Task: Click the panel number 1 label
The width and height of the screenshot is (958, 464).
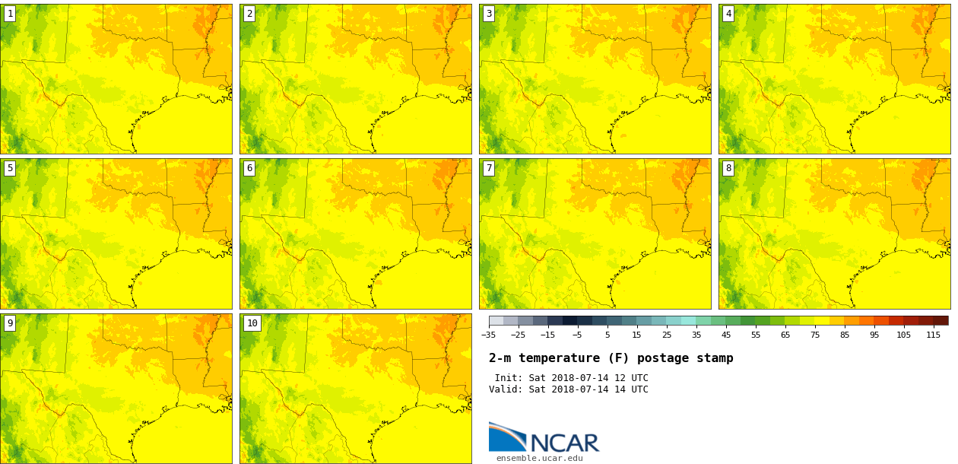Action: pos(10,14)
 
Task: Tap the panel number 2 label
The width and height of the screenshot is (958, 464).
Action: pos(249,14)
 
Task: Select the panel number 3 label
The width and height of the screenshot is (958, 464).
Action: pos(489,14)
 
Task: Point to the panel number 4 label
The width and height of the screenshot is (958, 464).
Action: pos(728,14)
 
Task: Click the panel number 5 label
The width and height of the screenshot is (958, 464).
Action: pos(10,168)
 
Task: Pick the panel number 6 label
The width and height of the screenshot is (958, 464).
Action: pos(249,168)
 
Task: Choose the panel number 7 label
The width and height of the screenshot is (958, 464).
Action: pos(489,168)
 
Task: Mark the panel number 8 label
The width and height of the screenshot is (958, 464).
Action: pos(728,168)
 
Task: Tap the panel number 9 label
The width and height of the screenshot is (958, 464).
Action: pos(10,323)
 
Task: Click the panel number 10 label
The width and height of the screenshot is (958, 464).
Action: pos(252,323)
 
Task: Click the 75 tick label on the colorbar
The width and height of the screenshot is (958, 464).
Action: pos(815,335)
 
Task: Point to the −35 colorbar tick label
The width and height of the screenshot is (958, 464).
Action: pos(488,335)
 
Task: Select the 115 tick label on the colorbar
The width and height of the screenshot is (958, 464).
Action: pos(933,335)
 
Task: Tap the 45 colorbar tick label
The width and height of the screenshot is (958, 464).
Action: pos(726,335)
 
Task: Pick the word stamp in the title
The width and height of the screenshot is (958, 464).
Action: pos(715,358)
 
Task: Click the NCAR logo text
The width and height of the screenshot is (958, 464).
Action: pos(564,443)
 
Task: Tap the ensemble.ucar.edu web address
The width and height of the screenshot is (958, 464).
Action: pos(540,459)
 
